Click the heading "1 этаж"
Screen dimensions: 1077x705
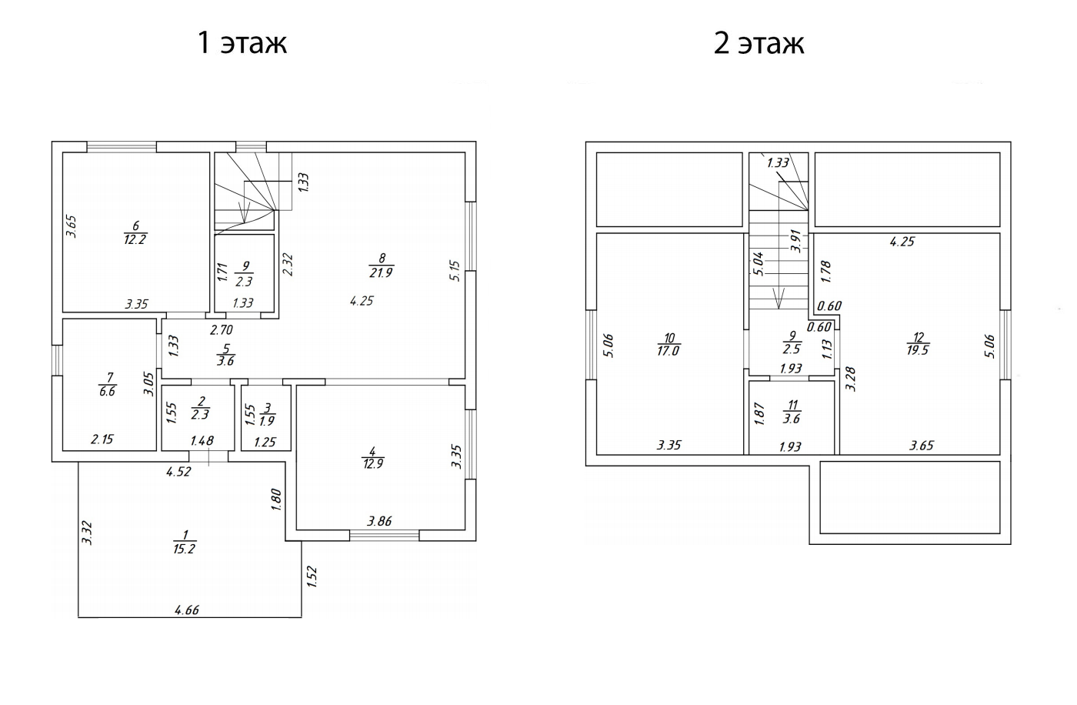[242, 43]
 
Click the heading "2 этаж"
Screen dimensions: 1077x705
[759, 43]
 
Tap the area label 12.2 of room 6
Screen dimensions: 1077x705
[135, 239]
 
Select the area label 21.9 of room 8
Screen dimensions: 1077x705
[382, 272]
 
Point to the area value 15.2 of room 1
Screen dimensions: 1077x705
[184, 549]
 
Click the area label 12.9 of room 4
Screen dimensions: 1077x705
[372, 464]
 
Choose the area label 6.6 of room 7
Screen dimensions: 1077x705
[107, 392]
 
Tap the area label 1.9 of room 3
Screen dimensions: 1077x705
[268, 421]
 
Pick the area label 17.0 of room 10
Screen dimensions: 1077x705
[668, 351]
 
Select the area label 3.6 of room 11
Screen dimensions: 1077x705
[792, 419]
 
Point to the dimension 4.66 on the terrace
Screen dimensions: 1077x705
[187, 610]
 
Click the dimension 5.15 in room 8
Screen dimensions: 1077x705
[455, 271]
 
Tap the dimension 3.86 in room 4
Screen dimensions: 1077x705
[379, 521]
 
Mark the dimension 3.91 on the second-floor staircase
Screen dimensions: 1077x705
[795, 241]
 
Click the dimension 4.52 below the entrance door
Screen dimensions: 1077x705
[178, 472]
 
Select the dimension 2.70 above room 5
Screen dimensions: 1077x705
[222, 330]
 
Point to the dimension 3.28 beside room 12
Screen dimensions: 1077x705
[851, 379]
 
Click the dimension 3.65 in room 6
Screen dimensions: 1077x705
[71, 226]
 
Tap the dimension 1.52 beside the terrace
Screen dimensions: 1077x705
[312, 576]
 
